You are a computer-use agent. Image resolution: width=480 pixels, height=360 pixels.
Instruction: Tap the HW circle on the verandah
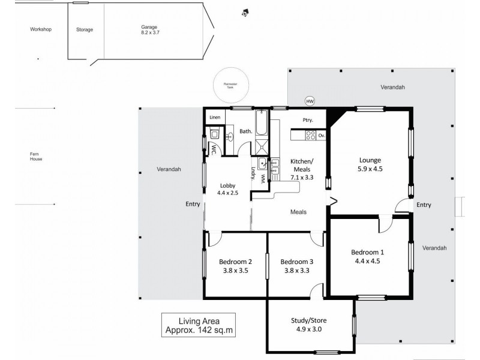pyautogui.click(x=310, y=100)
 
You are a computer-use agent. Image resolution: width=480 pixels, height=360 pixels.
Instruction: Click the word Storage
pyautogui.click(x=85, y=29)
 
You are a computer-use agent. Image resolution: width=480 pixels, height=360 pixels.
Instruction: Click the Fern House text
pyautogui.click(x=35, y=157)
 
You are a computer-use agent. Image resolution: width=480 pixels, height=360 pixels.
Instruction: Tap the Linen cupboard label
pyautogui.click(x=215, y=117)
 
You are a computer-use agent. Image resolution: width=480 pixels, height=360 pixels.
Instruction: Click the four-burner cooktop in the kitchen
pyautogui.click(x=311, y=136)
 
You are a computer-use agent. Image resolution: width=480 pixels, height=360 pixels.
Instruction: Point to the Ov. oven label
pyautogui.click(x=322, y=136)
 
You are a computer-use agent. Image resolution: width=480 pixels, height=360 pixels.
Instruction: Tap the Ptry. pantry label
pyautogui.click(x=308, y=120)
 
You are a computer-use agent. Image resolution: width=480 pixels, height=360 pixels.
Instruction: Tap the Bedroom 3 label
pyautogui.click(x=296, y=262)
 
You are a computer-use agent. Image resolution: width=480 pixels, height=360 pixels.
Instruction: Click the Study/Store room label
pyautogui.click(x=308, y=320)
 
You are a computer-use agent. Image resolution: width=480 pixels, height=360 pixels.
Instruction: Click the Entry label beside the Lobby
pyautogui.click(x=193, y=205)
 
